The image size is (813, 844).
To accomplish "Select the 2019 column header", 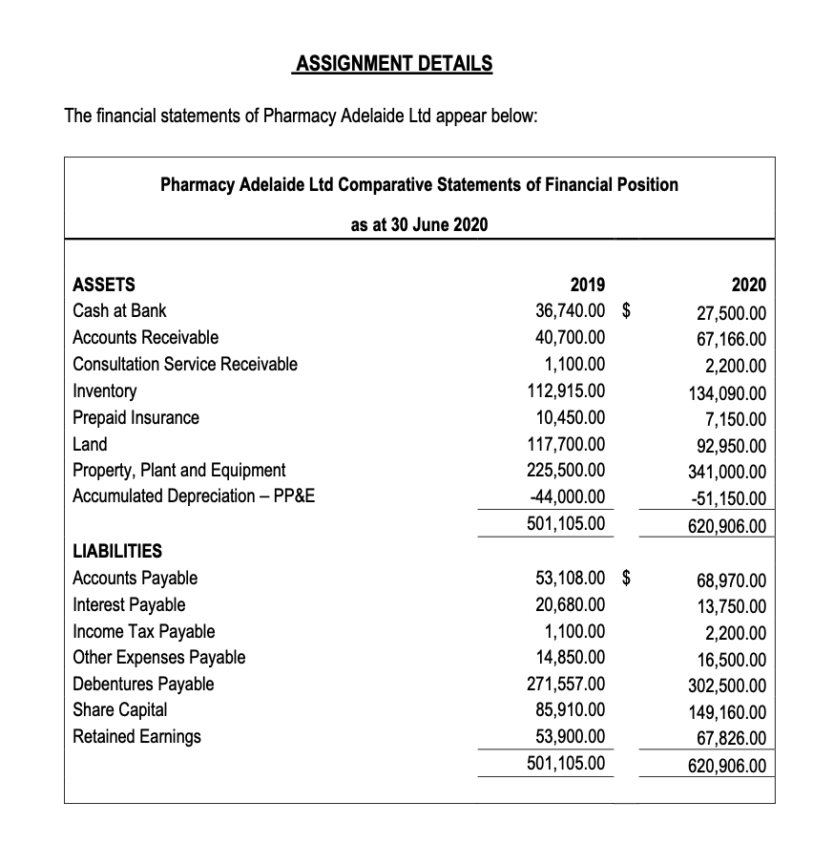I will (586, 285).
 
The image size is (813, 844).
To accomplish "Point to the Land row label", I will (91, 444).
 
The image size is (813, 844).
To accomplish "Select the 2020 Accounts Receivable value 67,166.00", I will (731, 340).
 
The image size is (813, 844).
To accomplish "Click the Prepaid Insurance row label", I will (136, 417).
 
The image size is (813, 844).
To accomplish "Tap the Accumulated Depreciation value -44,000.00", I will (566, 496).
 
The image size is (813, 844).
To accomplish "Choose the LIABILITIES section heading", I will (117, 551).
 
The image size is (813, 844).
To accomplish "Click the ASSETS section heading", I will (104, 285).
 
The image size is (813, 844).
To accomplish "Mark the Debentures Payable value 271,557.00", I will (566, 684).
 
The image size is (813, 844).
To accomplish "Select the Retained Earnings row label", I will (137, 736).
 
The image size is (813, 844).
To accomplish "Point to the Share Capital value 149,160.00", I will (726, 711).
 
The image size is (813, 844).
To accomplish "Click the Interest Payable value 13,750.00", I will (731, 606).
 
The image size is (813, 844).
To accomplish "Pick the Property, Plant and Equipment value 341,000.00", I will (726, 472).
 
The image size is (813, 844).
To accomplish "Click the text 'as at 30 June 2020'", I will (419, 224).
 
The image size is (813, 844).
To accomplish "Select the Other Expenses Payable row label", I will (159, 657).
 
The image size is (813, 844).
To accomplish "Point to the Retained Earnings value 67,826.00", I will (731, 738).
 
